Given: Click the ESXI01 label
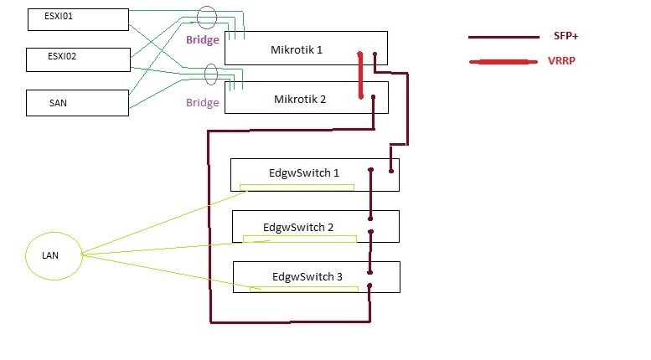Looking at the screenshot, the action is point(59,16).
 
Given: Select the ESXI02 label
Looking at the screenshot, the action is point(62,56).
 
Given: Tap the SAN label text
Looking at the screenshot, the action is point(58,103).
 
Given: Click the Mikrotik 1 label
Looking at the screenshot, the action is point(297,49).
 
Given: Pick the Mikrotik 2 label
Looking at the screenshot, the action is point(300,99).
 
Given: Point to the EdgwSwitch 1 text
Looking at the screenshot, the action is point(304,173).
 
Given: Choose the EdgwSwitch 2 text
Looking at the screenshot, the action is point(298,227).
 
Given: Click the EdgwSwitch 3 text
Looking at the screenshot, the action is point(307,276).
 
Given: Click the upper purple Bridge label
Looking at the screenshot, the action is point(203,40).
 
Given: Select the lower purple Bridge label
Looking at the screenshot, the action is point(203,102).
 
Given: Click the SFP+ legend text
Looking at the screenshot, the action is point(566,36).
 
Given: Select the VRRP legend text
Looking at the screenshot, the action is point(561,61).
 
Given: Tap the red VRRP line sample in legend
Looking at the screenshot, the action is point(504,62).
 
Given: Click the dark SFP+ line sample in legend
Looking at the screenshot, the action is point(504,38).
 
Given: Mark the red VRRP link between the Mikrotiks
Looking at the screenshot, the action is point(360,75).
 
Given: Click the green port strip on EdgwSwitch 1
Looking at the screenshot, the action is point(297,188).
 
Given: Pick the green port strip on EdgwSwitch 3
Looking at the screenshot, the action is point(304,289).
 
